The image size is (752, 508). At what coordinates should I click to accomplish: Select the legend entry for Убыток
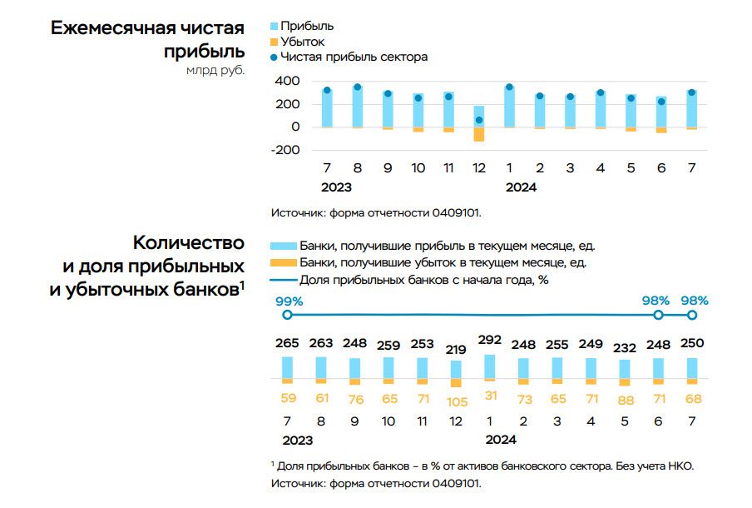tap(302, 42)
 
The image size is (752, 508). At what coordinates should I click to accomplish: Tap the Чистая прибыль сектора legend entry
tap(354, 57)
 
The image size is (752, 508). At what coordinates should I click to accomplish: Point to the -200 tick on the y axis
tap(285, 150)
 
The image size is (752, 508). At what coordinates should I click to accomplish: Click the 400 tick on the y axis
tap(287, 81)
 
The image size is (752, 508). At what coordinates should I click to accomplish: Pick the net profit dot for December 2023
tap(478, 120)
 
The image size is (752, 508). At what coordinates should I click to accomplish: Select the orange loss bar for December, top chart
tap(478, 134)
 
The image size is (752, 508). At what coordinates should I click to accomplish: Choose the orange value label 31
tap(489, 396)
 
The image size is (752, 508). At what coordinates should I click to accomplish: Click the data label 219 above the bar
tap(455, 349)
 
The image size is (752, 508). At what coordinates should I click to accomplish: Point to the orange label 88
tap(625, 400)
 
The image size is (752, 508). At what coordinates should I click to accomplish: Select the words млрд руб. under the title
tap(215, 71)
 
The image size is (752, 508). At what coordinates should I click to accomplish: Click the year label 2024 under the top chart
tap(521, 187)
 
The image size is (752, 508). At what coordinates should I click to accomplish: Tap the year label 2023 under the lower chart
tap(298, 440)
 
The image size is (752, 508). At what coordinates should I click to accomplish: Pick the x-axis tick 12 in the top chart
tap(478, 168)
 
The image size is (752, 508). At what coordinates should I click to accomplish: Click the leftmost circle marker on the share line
tap(287, 315)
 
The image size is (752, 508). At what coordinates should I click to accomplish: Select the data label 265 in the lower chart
tap(287, 343)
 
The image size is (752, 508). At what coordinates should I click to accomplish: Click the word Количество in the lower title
tap(188, 243)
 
